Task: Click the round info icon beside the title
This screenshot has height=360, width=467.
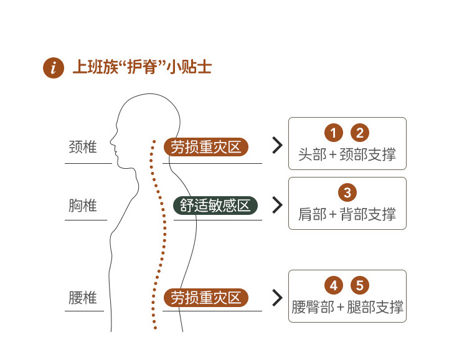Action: (x=54, y=68)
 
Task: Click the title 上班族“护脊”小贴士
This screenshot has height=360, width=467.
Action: (x=143, y=67)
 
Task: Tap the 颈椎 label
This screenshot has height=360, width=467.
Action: (x=83, y=148)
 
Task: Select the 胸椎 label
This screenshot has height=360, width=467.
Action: (x=83, y=206)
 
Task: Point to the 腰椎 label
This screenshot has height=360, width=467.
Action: (x=83, y=298)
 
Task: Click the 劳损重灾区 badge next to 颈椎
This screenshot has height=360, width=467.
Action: (x=206, y=147)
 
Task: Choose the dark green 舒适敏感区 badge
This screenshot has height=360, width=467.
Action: (x=215, y=205)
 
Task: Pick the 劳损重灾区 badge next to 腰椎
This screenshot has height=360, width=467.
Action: (x=206, y=298)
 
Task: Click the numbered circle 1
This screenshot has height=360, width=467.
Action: (x=334, y=133)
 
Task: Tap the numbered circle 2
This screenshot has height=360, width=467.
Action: (x=360, y=133)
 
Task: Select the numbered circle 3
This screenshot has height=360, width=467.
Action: (x=347, y=192)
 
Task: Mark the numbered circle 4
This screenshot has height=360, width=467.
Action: (x=334, y=286)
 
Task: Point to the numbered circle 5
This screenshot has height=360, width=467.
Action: (x=360, y=286)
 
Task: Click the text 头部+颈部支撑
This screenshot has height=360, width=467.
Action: (x=347, y=154)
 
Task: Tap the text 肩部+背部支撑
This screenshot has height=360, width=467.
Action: (x=347, y=214)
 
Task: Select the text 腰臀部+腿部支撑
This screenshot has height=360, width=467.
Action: (x=347, y=307)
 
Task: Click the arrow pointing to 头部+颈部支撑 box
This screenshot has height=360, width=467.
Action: (x=277, y=146)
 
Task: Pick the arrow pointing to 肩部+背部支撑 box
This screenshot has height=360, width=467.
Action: (x=277, y=205)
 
